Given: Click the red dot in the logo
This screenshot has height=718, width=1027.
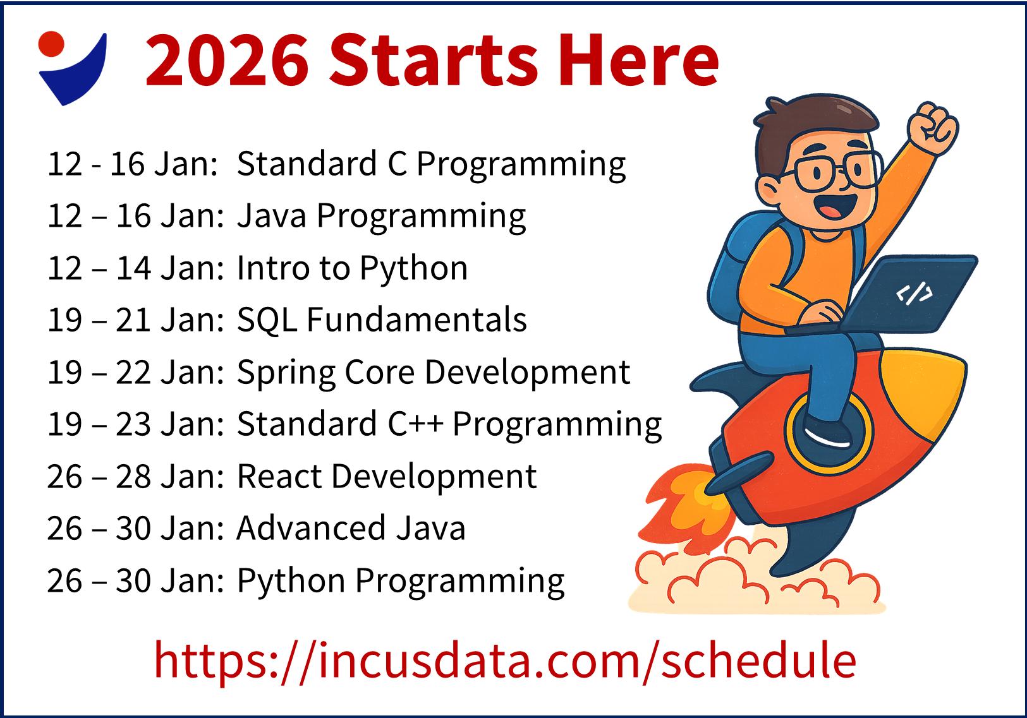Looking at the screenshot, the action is [51, 44].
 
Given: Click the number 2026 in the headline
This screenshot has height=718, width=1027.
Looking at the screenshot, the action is [226, 60].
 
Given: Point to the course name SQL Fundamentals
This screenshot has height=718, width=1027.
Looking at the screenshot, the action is [382, 320].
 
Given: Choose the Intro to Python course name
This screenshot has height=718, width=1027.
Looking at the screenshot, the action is [352, 268].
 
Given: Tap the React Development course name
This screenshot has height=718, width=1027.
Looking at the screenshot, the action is [387, 477].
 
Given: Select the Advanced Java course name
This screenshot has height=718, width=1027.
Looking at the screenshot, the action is [351, 528].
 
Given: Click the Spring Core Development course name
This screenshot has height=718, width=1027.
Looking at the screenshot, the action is [434, 372].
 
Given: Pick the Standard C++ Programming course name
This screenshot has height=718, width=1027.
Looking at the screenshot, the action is [449, 424].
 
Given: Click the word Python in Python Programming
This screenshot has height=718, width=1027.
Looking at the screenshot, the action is [291, 580].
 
